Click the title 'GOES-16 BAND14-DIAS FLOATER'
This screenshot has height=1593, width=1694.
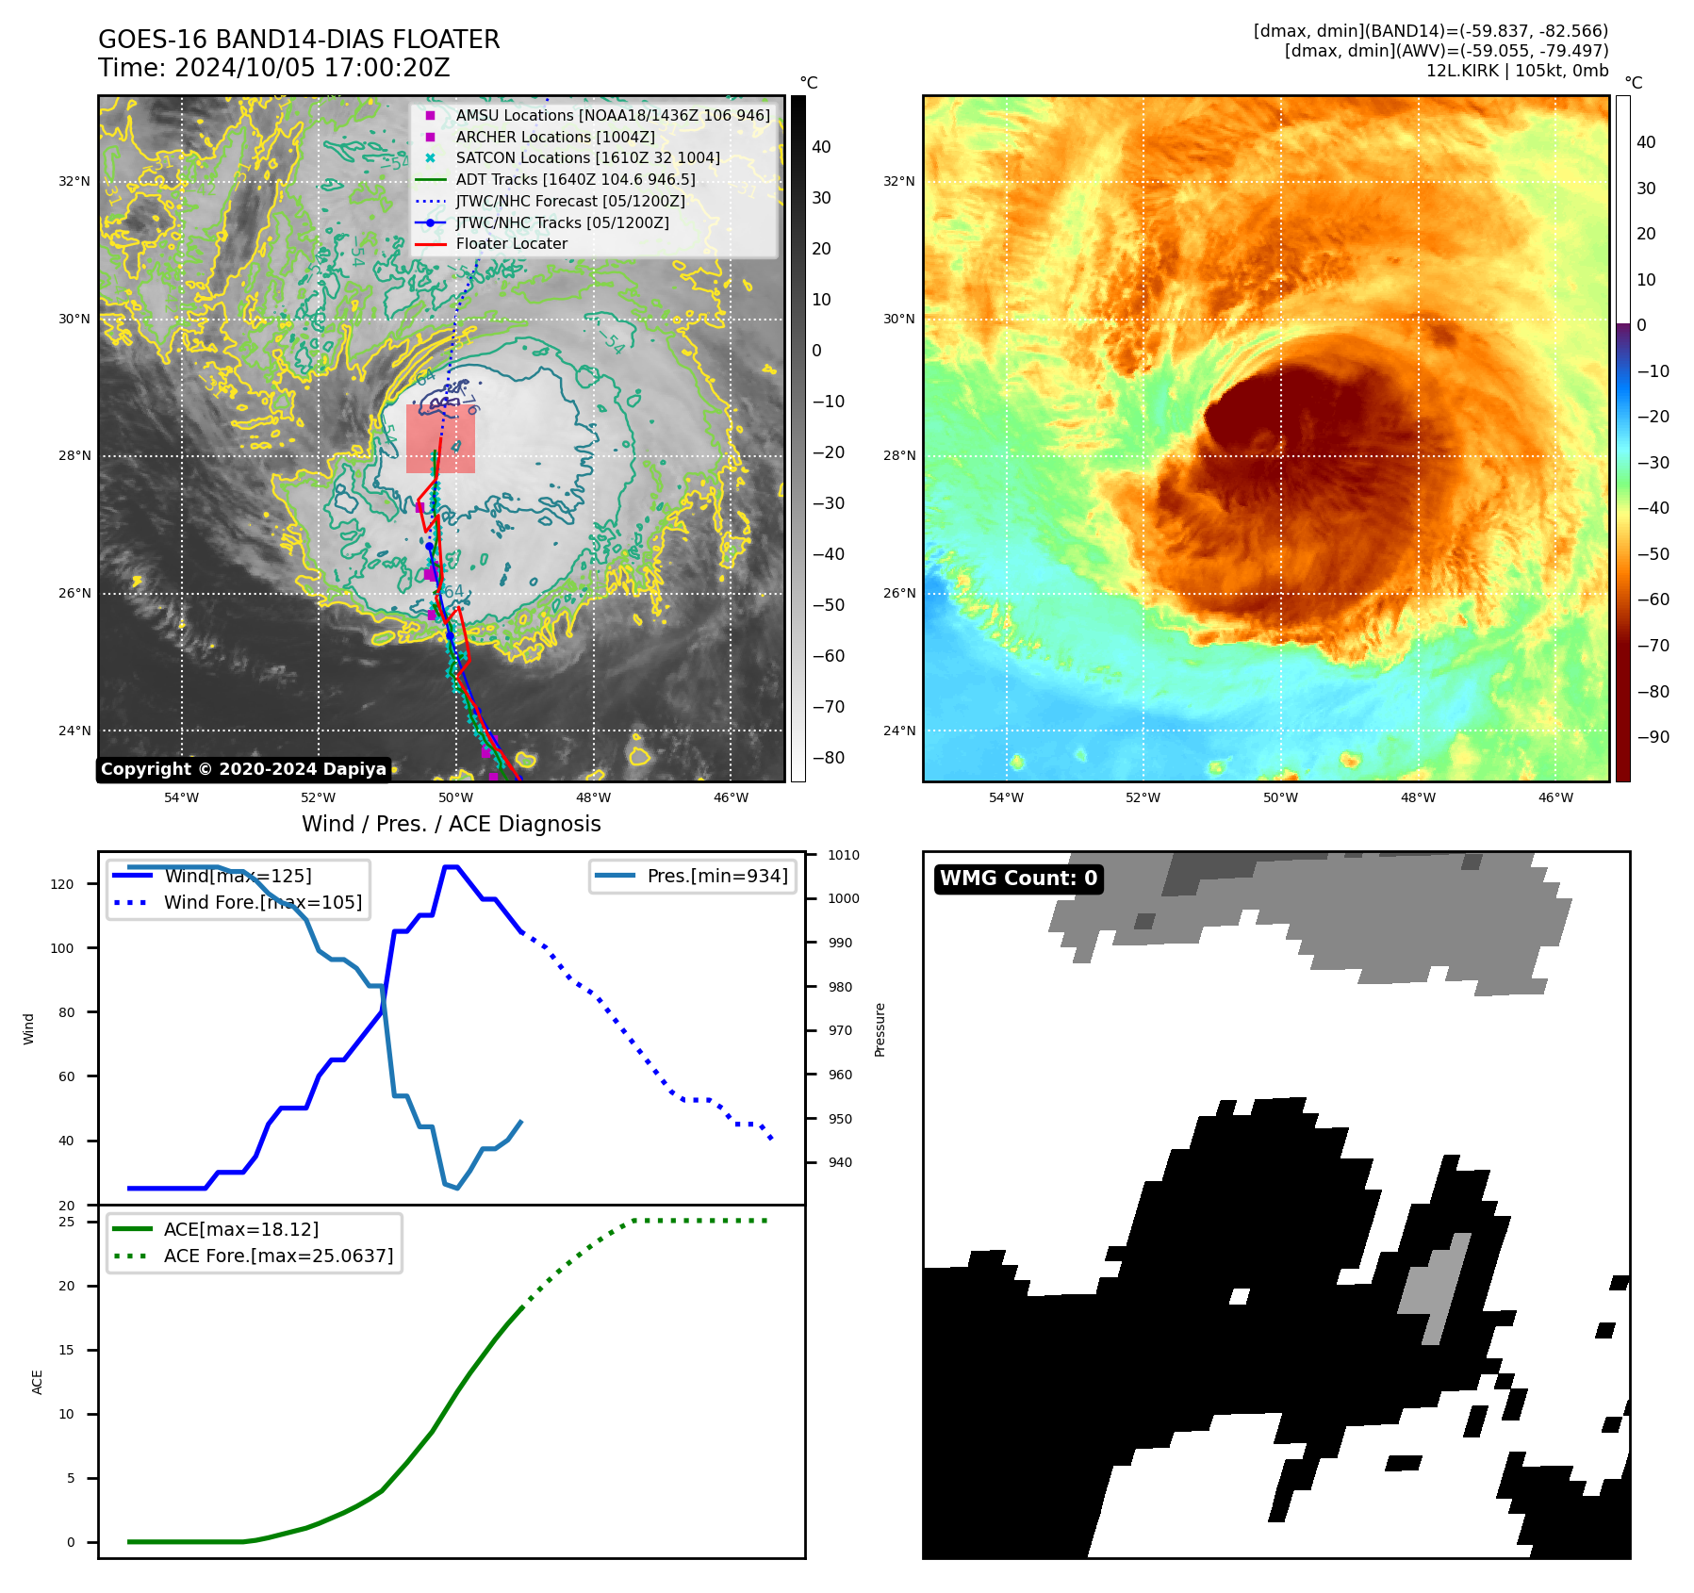pos(299,40)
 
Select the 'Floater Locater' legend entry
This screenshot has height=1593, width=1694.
pos(511,244)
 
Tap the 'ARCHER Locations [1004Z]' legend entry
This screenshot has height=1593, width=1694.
pos(554,137)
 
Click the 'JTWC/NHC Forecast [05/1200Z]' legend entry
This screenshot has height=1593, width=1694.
pos(569,201)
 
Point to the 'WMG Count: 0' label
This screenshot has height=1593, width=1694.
pos(1018,879)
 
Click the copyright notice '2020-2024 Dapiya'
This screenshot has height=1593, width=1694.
pos(243,769)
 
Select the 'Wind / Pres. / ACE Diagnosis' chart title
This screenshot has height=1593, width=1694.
pos(451,824)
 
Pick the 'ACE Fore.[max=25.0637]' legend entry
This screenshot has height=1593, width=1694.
pos(278,1256)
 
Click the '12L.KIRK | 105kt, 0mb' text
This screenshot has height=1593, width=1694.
pos(1517,71)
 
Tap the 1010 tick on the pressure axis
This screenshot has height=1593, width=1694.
pos(843,856)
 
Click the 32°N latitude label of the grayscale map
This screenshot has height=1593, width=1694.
pos(74,181)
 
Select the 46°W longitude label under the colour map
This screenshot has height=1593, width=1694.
pos(1555,797)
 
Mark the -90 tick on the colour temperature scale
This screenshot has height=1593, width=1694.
pos(1653,737)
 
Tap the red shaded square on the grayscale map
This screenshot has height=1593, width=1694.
pos(440,439)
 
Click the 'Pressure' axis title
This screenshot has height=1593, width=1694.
pos(880,1029)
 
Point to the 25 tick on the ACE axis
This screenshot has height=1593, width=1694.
pos(67,1222)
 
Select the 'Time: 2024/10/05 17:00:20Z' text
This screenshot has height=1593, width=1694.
pos(273,69)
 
